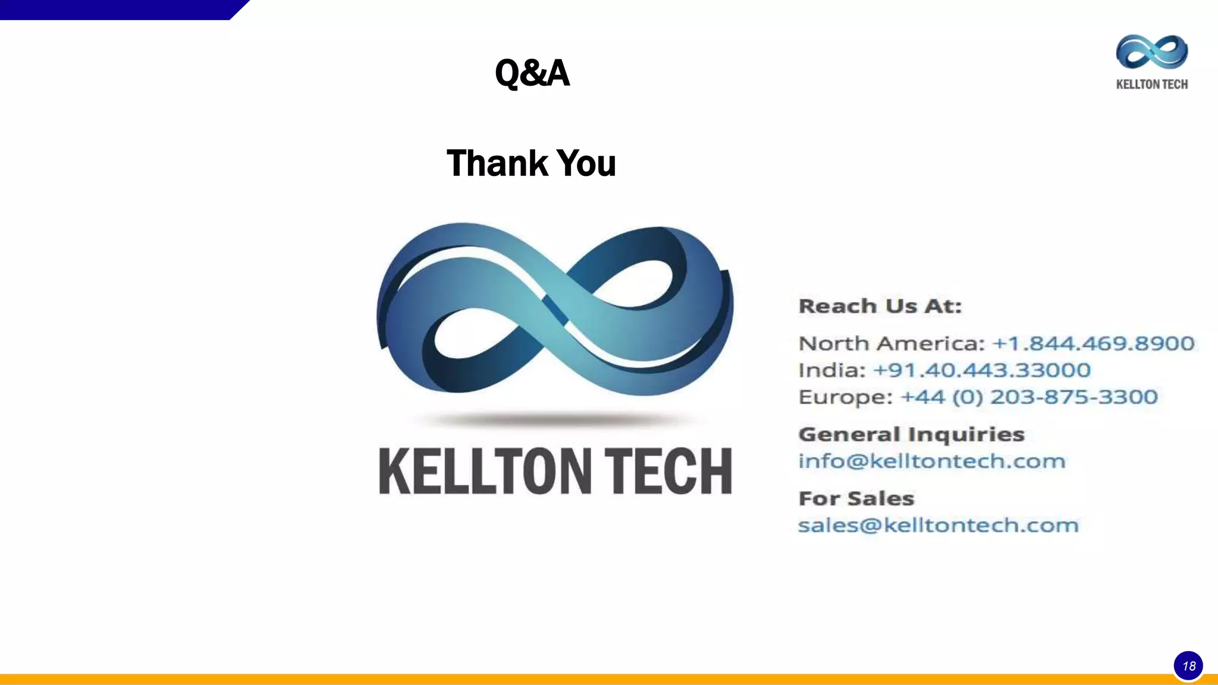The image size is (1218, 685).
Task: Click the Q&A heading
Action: click(x=532, y=73)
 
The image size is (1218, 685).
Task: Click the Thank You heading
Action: click(x=531, y=164)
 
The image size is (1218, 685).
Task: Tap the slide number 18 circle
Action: click(x=1188, y=665)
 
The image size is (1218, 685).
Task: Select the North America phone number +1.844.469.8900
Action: click(x=1093, y=344)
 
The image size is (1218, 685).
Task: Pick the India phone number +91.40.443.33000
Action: click(x=981, y=370)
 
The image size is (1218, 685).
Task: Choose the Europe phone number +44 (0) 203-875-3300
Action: click(x=1029, y=397)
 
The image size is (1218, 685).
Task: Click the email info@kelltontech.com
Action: click(x=931, y=461)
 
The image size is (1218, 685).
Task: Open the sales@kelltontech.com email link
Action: click(x=938, y=526)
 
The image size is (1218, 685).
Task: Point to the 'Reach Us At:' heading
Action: click(x=880, y=306)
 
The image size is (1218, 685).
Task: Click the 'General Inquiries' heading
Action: click(x=911, y=435)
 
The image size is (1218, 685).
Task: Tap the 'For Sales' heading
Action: click(x=856, y=498)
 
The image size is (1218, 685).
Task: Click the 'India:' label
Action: click(x=831, y=370)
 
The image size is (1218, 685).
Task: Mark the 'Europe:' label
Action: click(x=845, y=397)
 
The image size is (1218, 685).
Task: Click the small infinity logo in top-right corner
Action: click(x=1151, y=52)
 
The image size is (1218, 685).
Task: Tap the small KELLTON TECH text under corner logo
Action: click(x=1151, y=84)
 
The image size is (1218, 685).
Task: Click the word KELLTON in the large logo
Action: click(x=485, y=471)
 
